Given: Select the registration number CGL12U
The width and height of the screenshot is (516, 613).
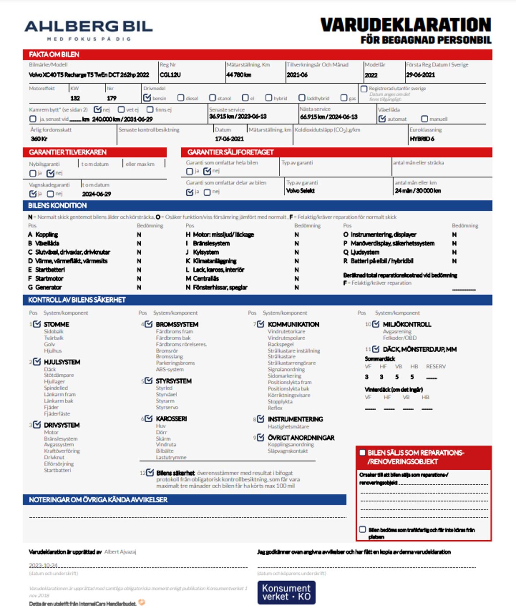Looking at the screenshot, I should click(170, 75).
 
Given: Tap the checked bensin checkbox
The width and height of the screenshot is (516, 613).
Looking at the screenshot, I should click(147, 97).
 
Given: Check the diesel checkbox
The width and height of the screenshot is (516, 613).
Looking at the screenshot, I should click(181, 98).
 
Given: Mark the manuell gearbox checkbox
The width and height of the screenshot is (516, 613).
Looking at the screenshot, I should click(424, 119).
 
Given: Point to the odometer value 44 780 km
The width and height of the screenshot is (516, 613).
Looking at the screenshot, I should click(239, 75).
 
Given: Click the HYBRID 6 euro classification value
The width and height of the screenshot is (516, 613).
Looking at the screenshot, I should click(422, 138).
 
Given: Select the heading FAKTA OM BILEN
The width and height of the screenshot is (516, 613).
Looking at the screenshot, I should click(54, 55).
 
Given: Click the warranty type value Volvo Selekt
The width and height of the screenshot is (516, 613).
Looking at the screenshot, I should click(300, 191).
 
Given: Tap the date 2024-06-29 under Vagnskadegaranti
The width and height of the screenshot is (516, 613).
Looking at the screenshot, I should click(97, 194).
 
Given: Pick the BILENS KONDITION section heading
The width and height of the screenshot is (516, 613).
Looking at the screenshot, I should click(57, 206).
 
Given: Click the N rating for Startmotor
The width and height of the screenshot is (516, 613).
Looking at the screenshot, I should click(139, 279).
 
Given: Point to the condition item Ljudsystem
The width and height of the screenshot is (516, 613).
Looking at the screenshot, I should click(365, 252).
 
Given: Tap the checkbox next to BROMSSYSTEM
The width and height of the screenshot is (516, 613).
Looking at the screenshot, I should click(149, 324).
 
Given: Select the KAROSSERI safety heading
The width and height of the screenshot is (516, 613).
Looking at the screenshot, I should click(171, 419).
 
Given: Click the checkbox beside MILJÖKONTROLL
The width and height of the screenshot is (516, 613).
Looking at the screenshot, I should click(376, 324).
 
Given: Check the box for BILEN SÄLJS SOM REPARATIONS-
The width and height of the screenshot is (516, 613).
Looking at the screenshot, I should click(363, 453).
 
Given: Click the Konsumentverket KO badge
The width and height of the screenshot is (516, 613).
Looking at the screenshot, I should click(287, 592).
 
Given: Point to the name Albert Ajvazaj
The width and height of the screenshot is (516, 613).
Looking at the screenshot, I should click(120, 552).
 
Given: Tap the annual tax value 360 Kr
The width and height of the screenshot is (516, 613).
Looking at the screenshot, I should click(39, 138).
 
